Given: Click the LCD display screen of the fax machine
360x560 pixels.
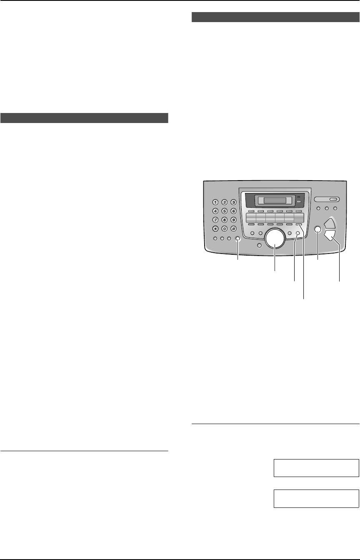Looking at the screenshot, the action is pyautogui.click(x=272, y=201).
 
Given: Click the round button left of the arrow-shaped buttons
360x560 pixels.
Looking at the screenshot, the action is pyautogui.click(x=317, y=229).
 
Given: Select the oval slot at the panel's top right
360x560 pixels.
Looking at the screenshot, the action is pyautogui.click(x=327, y=199).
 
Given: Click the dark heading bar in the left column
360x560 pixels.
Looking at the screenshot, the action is pyautogui.click(x=84, y=118).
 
